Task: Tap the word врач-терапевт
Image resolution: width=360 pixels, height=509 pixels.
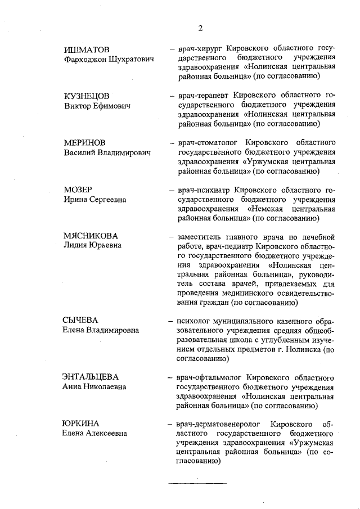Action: (202, 96)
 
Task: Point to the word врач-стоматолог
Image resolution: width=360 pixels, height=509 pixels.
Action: (208, 143)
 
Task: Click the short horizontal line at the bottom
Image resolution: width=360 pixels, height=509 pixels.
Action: (198, 483)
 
